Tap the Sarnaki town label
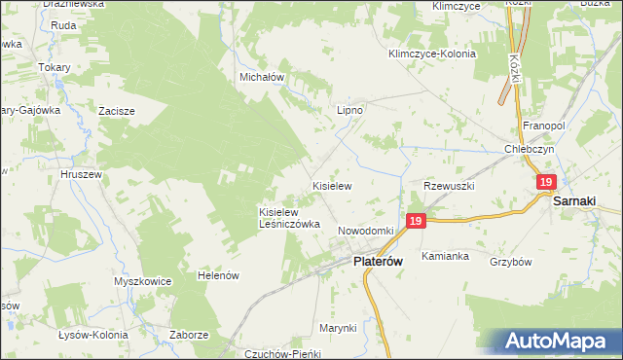tap(574, 201)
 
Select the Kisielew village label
tap(331, 184)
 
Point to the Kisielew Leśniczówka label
tap(289, 217)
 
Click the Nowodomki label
tap(365, 231)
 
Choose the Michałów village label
tap(261, 76)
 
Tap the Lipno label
tap(349, 111)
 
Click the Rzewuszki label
tap(448, 185)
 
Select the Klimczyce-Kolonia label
tap(431, 54)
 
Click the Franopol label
tap(544, 126)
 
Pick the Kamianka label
tap(446, 257)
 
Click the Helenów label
tap(218, 276)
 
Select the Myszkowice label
tap(142, 281)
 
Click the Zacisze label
tap(116, 111)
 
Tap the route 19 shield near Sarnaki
tap(546, 182)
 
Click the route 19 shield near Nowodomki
tap(416, 222)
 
